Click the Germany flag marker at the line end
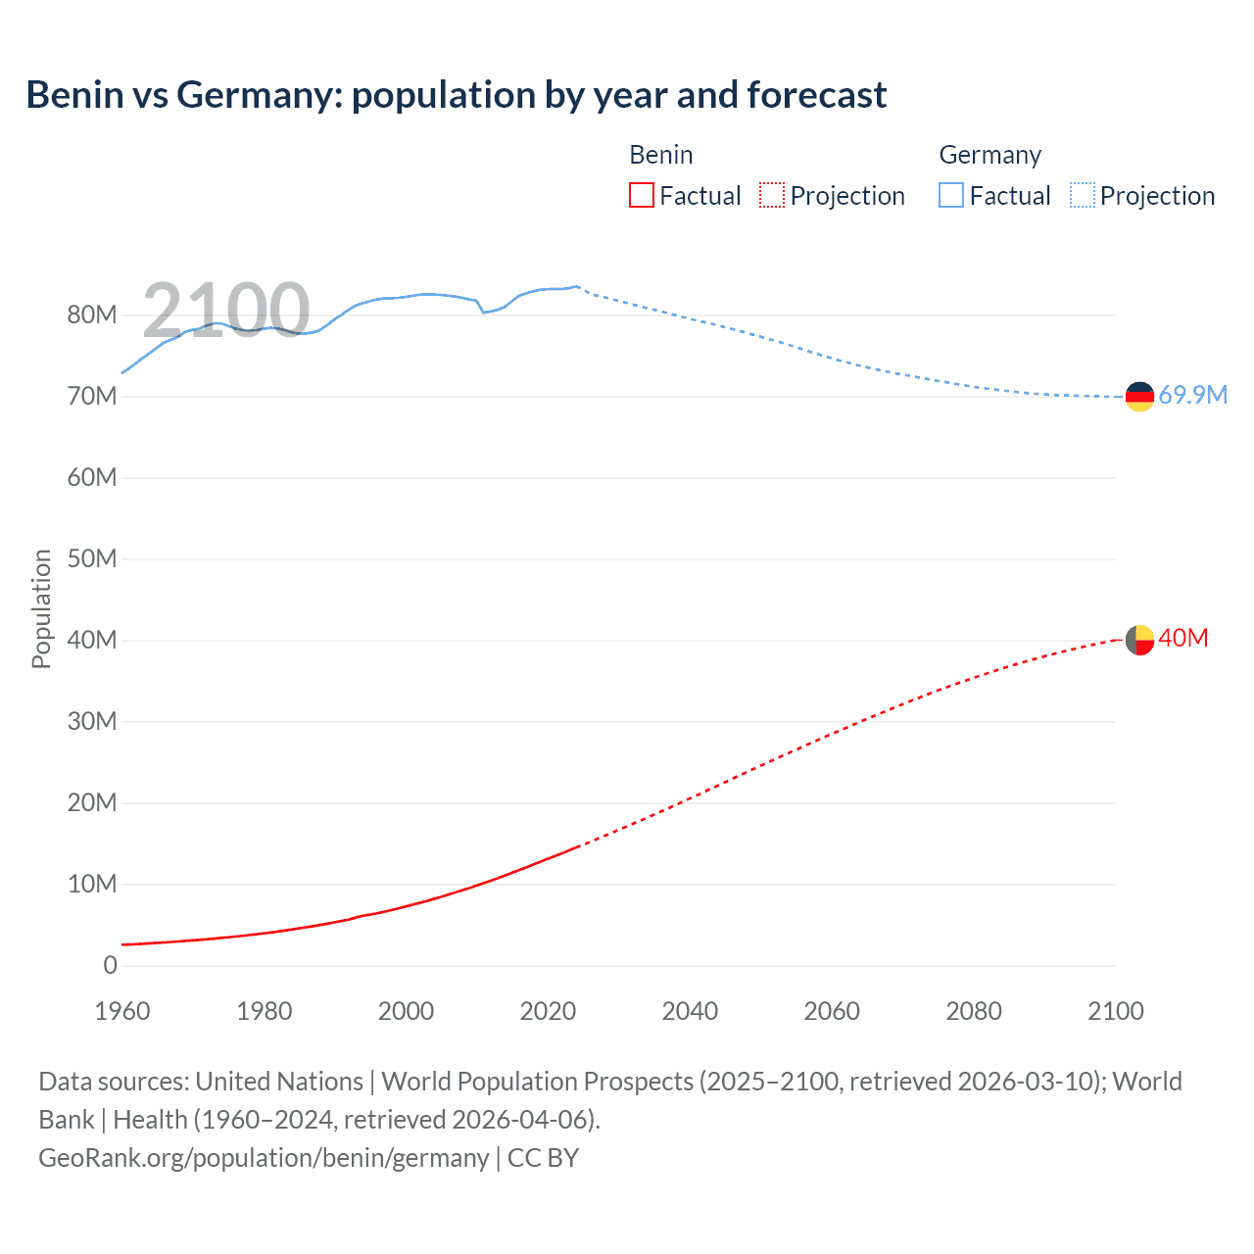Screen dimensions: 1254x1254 (1139, 397)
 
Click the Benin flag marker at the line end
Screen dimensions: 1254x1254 (1139, 640)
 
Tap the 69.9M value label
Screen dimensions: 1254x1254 (1192, 395)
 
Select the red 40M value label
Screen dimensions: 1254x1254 (1182, 638)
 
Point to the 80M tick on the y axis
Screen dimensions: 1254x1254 (92, 314)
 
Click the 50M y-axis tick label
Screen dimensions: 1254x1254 (92, 558)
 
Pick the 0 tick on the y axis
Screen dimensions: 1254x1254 (110, 965)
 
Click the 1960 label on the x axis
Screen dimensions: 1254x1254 (122, 1011)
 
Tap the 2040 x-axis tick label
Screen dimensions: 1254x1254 (690, 1011)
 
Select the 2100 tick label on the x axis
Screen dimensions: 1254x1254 (1115, 1011)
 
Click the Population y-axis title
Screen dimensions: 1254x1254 (41, 608)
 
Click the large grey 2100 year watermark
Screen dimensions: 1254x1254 (226, 311)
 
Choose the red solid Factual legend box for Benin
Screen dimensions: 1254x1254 (642, 195)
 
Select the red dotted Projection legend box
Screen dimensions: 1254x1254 (772, 195)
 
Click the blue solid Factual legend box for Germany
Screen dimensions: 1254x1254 (951, 195)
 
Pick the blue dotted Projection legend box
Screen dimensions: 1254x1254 (1083, 195)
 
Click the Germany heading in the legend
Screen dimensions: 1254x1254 (989, 155)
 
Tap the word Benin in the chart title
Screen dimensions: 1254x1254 (75, 95)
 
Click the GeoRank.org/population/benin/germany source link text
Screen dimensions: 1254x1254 (264, 1158)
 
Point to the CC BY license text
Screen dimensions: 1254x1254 (543, 1158)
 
